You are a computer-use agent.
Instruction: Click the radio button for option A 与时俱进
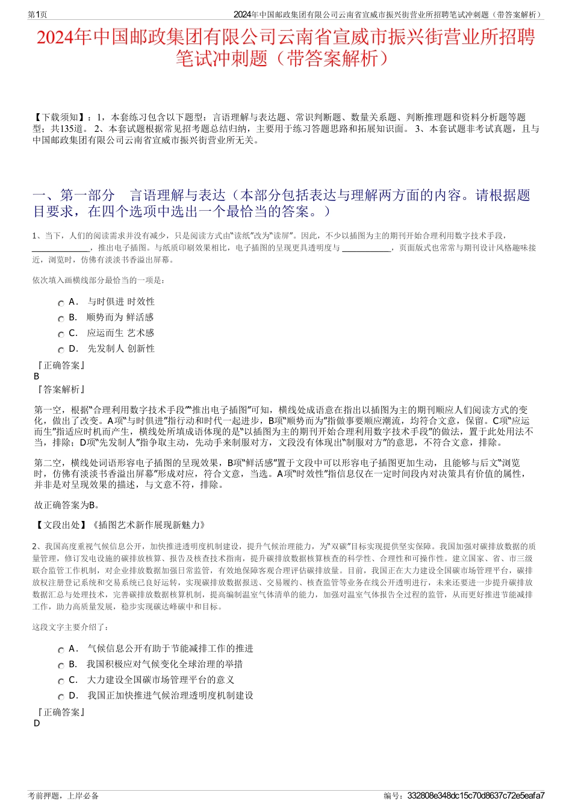click(61, 304)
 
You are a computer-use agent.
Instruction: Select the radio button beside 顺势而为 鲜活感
click(61, 319)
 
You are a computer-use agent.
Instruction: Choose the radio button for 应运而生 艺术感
click(61, 335)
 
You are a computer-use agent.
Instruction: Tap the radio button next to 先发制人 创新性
click(61, 350)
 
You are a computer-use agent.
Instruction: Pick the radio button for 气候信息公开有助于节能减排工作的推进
click(61, 650)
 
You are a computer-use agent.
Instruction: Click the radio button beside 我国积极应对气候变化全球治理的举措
click(61, 666)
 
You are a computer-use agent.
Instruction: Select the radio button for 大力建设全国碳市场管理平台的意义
click(61, 682)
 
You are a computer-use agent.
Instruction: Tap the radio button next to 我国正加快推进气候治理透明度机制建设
click(61, 697)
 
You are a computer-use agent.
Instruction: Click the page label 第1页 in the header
click(37, 14)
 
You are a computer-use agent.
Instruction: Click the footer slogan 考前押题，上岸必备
click(63, 796)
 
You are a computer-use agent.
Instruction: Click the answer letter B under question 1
click(37, 376)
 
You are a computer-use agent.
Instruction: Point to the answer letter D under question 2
click(37, 723)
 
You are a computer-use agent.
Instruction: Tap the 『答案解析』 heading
click(61, 390)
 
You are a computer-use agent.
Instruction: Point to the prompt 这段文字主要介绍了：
click(70, 627)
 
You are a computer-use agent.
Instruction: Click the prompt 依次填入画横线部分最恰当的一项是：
click(99, 280)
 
